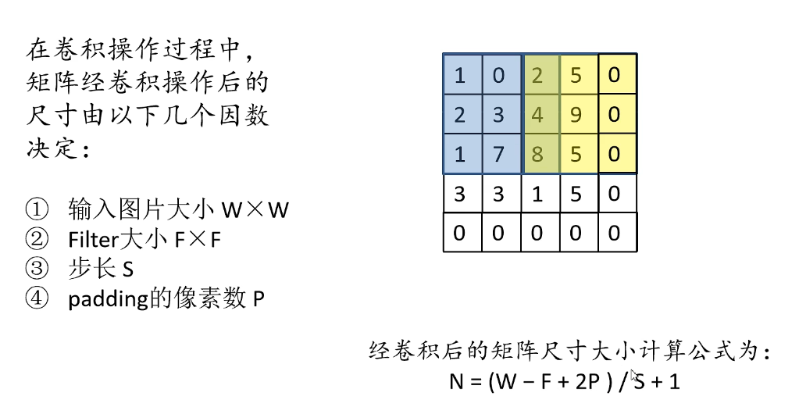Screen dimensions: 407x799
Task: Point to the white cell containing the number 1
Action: tap(538, 193)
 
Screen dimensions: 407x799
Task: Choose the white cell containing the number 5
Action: tap(576, 193)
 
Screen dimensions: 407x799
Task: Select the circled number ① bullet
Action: tap(36, 209)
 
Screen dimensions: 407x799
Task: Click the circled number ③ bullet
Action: tap(36, 270)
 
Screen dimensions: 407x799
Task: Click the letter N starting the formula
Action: tap(456, 383)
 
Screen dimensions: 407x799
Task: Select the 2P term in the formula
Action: tap(581, 383)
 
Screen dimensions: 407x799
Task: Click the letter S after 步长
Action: tap(128, 270)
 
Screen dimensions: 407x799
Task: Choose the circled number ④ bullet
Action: tap(36, 299)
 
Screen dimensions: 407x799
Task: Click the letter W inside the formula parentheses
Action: tap(508, 383)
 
